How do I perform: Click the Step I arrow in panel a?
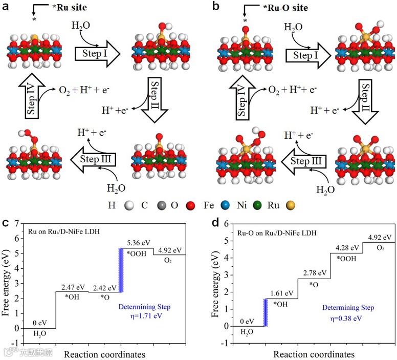point(97,53)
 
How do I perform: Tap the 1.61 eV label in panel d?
point(279,293)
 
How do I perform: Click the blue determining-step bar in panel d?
point(266,312)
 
